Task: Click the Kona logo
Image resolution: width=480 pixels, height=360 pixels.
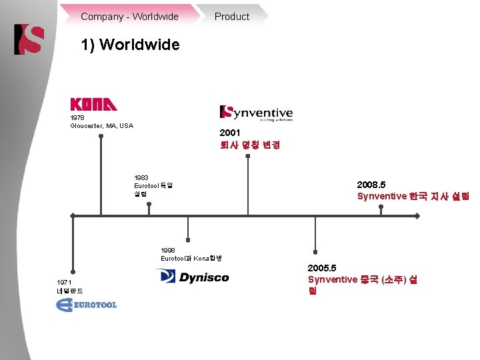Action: click(x=93, y=105)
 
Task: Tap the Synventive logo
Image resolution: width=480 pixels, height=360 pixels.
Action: click(x=256, y=113)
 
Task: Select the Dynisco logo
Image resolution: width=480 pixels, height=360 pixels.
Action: click(x=193, y=277)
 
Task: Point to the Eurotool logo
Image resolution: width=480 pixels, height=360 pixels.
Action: click(x=87, y=305)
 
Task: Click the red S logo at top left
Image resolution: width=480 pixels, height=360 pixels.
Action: click(x=29, y=39)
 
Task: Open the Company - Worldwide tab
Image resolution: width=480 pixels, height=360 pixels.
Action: click(x=129, y=16)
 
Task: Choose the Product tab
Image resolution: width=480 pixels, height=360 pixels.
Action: click(x=231, y=16)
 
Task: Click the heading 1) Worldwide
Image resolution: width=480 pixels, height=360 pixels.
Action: click(x=130, y=45)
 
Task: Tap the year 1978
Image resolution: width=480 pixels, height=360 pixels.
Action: click(x=78, y=118)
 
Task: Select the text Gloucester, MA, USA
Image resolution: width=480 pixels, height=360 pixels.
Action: click(x=101, y=126)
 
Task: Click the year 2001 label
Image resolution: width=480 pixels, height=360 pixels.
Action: click(x=229, y=133)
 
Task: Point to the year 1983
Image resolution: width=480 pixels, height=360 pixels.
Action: click(x=142, y=178)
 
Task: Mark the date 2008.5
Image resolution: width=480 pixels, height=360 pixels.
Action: click(x=371, y=184)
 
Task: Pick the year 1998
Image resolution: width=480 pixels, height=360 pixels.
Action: click(x=169, y=250)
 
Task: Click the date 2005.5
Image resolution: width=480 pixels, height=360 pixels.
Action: click(x=322, y=267)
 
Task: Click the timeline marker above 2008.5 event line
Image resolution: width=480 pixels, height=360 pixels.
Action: click(x=381, y=207)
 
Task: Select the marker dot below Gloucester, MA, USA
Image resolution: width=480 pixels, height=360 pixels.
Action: click(x=101, y=137)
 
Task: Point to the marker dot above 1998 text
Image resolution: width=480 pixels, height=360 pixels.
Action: click(x=189, y=239)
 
